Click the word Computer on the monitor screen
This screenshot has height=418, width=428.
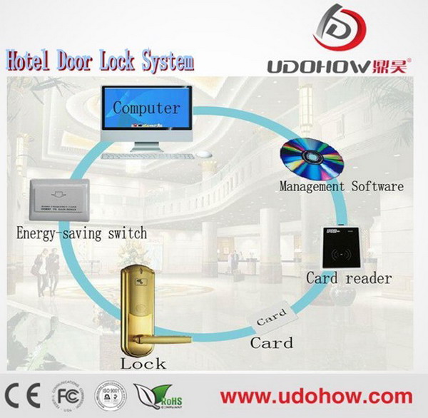(x=146, y=109)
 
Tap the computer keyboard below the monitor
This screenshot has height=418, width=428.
(x=147, y=156)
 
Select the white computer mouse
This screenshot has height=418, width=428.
(x=204, y=154)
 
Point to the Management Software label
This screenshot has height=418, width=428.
(x=341, y=188)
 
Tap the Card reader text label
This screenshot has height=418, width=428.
(x=349, y=277)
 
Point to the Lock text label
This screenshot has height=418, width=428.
(x=143, y=364)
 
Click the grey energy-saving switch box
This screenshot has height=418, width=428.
(x=59, y=200)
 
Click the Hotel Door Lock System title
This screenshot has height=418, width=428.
(x=100, y=62)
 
